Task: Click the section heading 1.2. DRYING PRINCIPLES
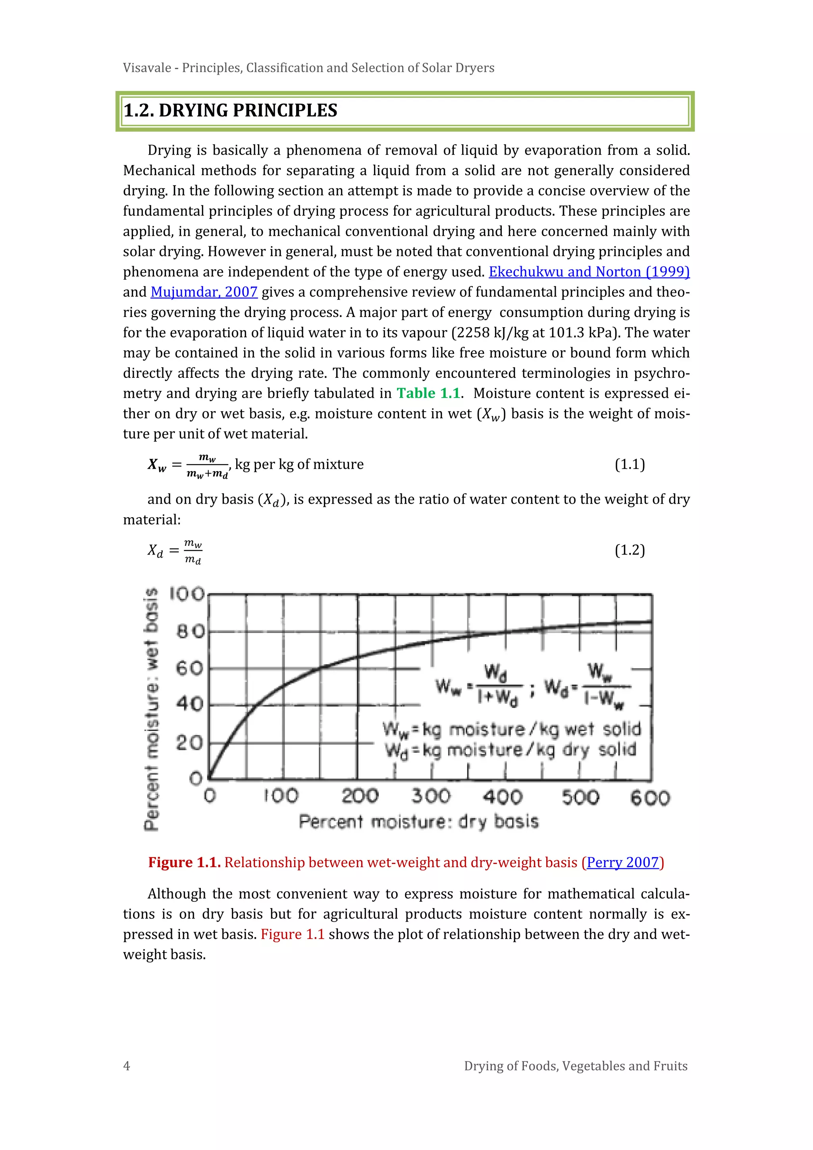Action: (x=230, y=111)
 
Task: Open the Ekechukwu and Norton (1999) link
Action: (x=589, y=272)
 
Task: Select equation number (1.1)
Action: (x=629, y=464)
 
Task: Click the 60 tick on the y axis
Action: (x=190, y=668)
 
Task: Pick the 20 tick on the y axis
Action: (x=190, y=742)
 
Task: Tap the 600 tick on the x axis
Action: (x=650, y=797)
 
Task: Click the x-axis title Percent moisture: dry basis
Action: (x=418, y=822)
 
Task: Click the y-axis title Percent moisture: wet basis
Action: (x=151, y=709)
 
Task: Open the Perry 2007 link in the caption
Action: (x=622, y=862)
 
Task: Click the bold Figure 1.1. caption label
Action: (x=184, y=862)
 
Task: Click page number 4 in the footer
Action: (x=127, y=1066)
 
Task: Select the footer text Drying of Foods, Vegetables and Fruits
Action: (x=576, y=1066)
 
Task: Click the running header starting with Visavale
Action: (x=308, y=68)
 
